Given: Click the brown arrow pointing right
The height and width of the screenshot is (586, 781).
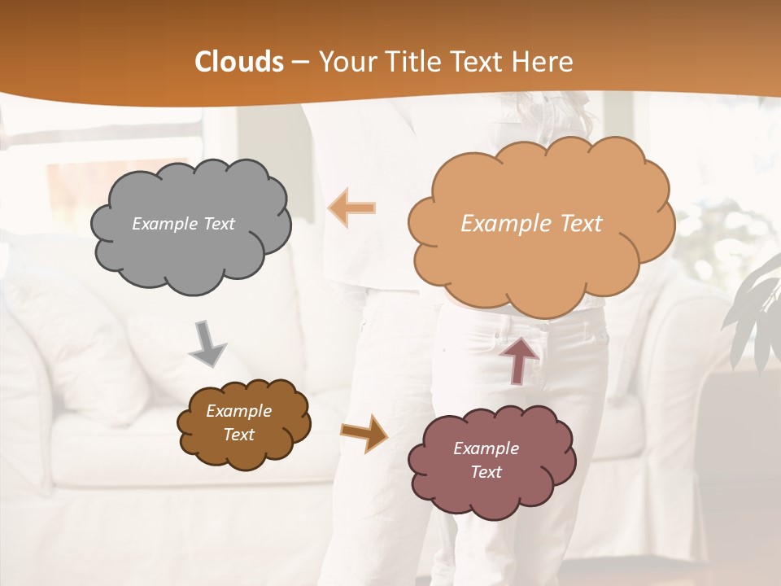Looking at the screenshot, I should point(363,432).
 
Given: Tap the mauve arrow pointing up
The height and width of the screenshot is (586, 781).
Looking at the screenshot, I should point(519,359).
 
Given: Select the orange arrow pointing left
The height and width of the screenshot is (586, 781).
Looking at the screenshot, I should point(352,208).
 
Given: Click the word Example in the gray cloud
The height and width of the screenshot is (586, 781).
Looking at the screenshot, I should point(164,224).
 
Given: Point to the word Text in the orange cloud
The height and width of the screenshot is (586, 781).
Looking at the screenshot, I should point(575,224).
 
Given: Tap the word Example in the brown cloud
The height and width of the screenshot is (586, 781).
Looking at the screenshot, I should point(239,411).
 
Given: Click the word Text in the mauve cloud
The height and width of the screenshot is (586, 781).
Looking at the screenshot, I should point(486,472).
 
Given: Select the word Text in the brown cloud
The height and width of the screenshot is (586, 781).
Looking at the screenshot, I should point(239,435).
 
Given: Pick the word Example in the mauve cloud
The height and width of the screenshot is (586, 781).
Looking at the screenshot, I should point(486,448).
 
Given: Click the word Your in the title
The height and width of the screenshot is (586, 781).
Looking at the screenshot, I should point(340,62).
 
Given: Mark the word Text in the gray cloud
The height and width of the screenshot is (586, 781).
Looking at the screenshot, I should point(217,224).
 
